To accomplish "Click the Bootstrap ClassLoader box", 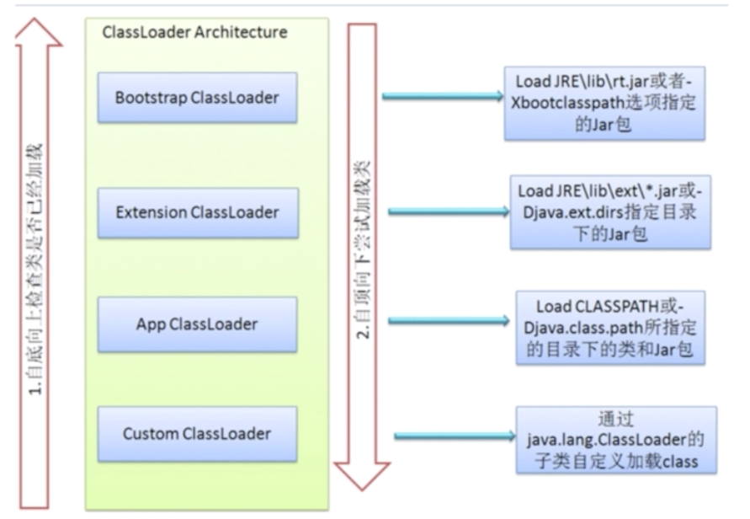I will point(197,99).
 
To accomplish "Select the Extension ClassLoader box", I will point(197,211).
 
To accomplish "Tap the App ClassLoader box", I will point(197,324).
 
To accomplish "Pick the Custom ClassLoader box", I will point(197,434).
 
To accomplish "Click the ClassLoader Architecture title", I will point(194,33).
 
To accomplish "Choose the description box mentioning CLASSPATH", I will point(610,327).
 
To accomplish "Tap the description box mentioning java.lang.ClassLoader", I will point(616,440).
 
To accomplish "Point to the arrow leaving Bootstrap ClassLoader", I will point(443,96).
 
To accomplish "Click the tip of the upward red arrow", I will point(39,23).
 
